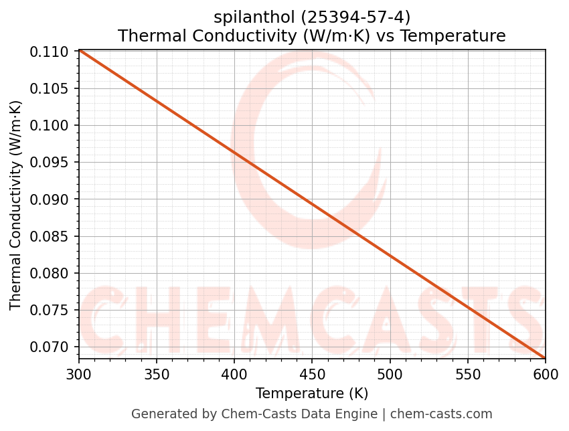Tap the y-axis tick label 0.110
point(50,52)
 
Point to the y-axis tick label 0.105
point(50,88)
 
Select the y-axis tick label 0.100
point(50,125)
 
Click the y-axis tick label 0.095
point(50,162)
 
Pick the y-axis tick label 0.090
point(50,199)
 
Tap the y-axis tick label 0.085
point(50,236)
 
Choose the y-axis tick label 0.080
point(50,273)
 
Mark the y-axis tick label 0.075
point(50,310)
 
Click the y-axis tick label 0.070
point(50,347)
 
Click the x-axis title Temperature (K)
point(312,393)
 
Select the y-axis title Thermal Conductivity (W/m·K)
point(16,205)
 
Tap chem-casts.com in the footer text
point(441,414)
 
